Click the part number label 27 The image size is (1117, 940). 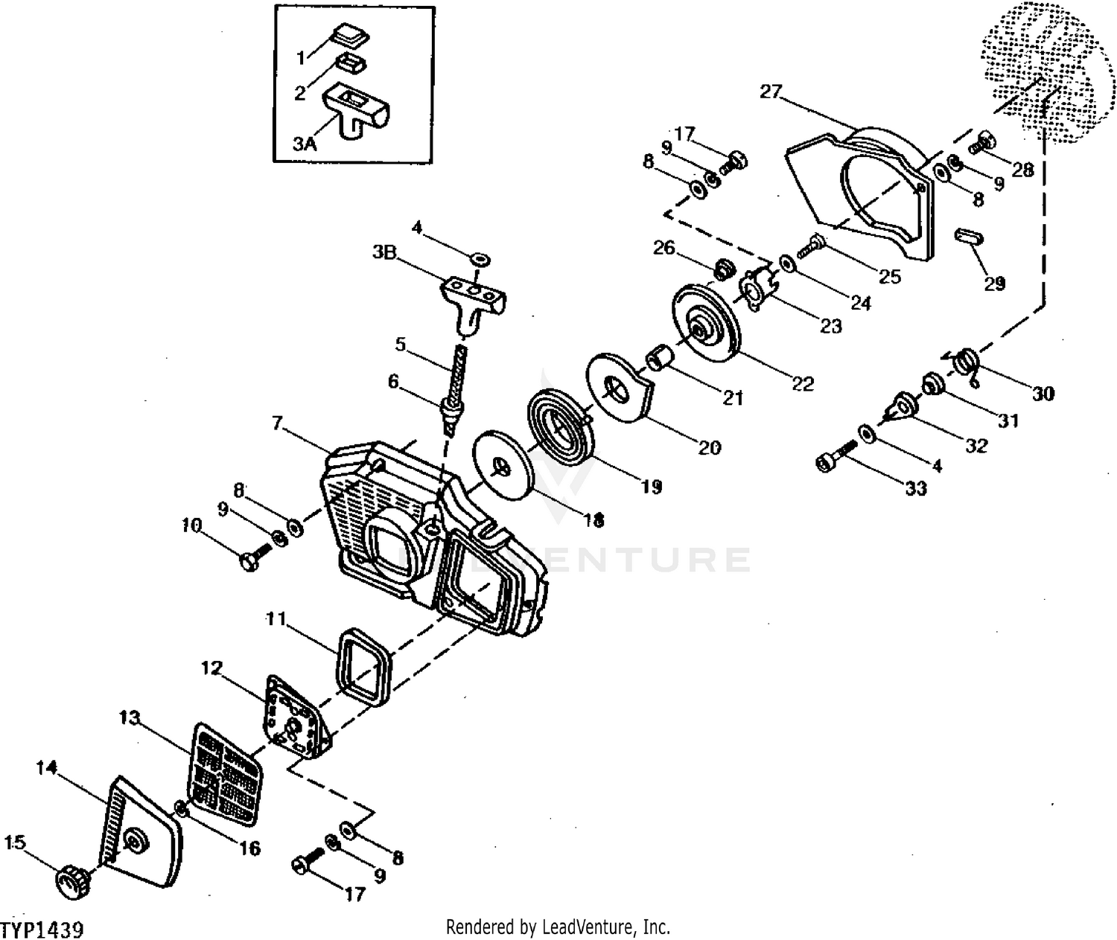click(771, 92)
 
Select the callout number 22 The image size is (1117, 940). click(803, 383)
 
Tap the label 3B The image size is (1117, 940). click(384, 252)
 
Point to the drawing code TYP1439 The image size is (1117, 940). click(42, 930)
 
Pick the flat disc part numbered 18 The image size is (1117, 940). click(504, 464)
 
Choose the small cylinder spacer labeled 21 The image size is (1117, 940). click(660, 357)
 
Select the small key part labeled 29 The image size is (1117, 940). click(969, 236)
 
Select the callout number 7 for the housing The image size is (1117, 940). click(276, 423)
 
